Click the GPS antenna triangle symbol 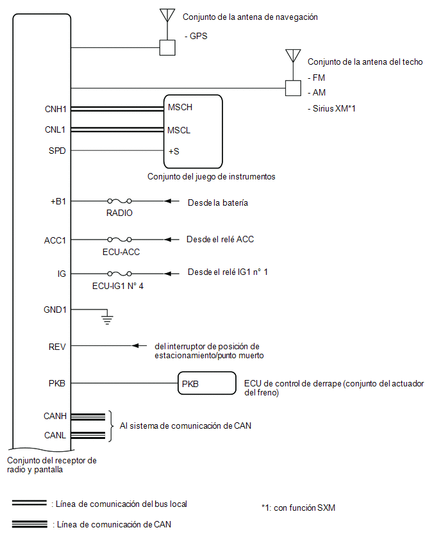167,15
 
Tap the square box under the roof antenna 293,88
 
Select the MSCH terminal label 179,107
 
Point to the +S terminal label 174,151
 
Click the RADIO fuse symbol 119,201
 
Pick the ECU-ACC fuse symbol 119,239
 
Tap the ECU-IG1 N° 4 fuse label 118,286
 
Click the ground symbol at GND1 107,318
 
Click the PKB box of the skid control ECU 207,383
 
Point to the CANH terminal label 55,416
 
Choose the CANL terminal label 55,435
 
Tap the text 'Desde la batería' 218,203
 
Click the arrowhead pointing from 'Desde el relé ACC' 168,239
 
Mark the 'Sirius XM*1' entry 331,109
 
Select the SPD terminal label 57,151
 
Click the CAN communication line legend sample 29,524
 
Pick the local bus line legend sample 29,503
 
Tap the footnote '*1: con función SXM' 298,508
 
